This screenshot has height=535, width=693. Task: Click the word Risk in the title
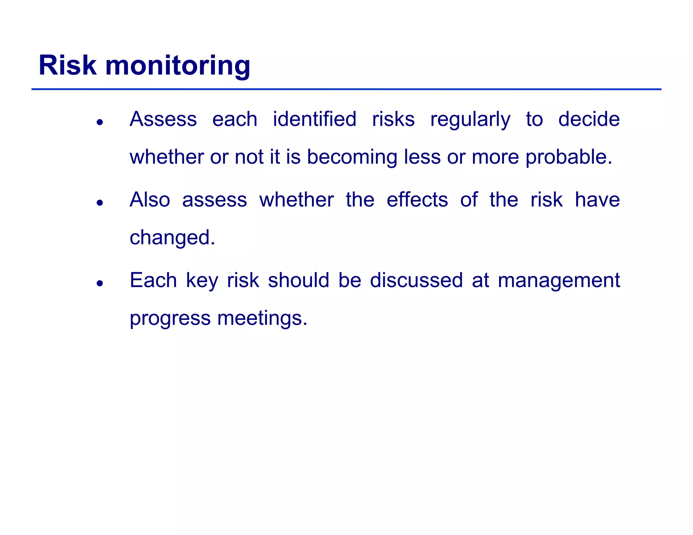click(67, 65)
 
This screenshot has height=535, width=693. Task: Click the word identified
click(314, 119)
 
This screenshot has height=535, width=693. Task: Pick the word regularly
click(470, 120)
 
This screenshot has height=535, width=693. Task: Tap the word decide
click(589, 119)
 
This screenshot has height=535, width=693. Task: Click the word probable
click(568, 158)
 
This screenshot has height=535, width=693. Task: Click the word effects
click(417, 200)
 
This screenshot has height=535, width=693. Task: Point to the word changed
click(172, 238)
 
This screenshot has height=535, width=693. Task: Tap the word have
click(597, 200)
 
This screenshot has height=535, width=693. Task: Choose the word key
click(202, 281)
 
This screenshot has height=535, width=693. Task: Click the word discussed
click(416, 280)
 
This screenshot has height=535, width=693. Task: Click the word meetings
click(262, 319)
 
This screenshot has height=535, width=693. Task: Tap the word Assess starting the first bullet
click(163, 119)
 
